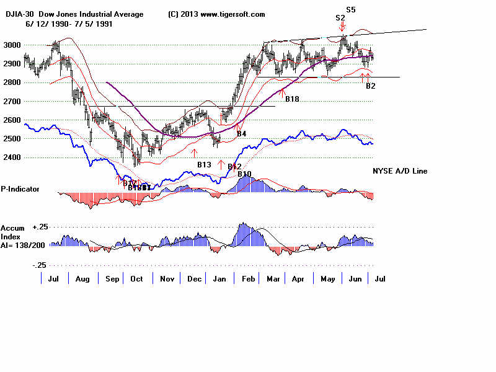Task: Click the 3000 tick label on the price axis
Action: pos(12,45)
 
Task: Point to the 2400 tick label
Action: pos(12,157)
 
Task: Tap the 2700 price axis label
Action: pos(12,102)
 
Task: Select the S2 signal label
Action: pos(340,18)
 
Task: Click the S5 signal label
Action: pos(351,10)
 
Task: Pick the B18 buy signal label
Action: pos(292,99)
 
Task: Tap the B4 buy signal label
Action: pos(242,134)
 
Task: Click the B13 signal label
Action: pos(205,165)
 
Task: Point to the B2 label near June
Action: pos(371,86)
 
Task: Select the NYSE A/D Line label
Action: pos(400,171)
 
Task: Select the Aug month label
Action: pos(82,279)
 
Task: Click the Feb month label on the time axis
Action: pos(249,279)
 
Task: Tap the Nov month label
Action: pos(166,279)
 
